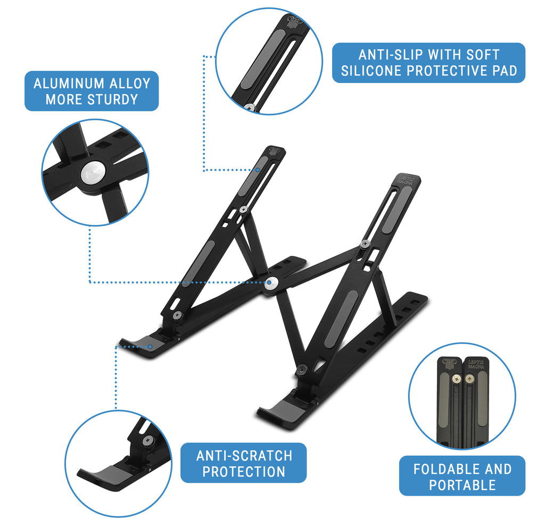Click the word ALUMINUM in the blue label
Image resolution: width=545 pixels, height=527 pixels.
(68, 83)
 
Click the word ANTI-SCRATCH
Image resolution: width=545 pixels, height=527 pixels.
(244, 456)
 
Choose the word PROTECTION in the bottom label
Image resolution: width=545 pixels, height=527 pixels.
(244, 472)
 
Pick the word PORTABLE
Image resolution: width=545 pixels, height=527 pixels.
(462, 485)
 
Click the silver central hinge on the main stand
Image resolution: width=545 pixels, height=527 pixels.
(271, 284)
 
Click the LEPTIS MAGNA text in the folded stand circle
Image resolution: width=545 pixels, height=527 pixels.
(475, 366)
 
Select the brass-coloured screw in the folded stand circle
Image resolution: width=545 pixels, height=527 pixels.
(468, 380)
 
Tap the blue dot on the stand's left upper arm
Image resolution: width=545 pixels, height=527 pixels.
(258, 170)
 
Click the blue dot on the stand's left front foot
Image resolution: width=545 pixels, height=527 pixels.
(151, 347)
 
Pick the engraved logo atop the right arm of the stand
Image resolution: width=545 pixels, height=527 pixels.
(408, 180)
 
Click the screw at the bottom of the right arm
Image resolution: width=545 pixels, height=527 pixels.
(302, 368)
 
